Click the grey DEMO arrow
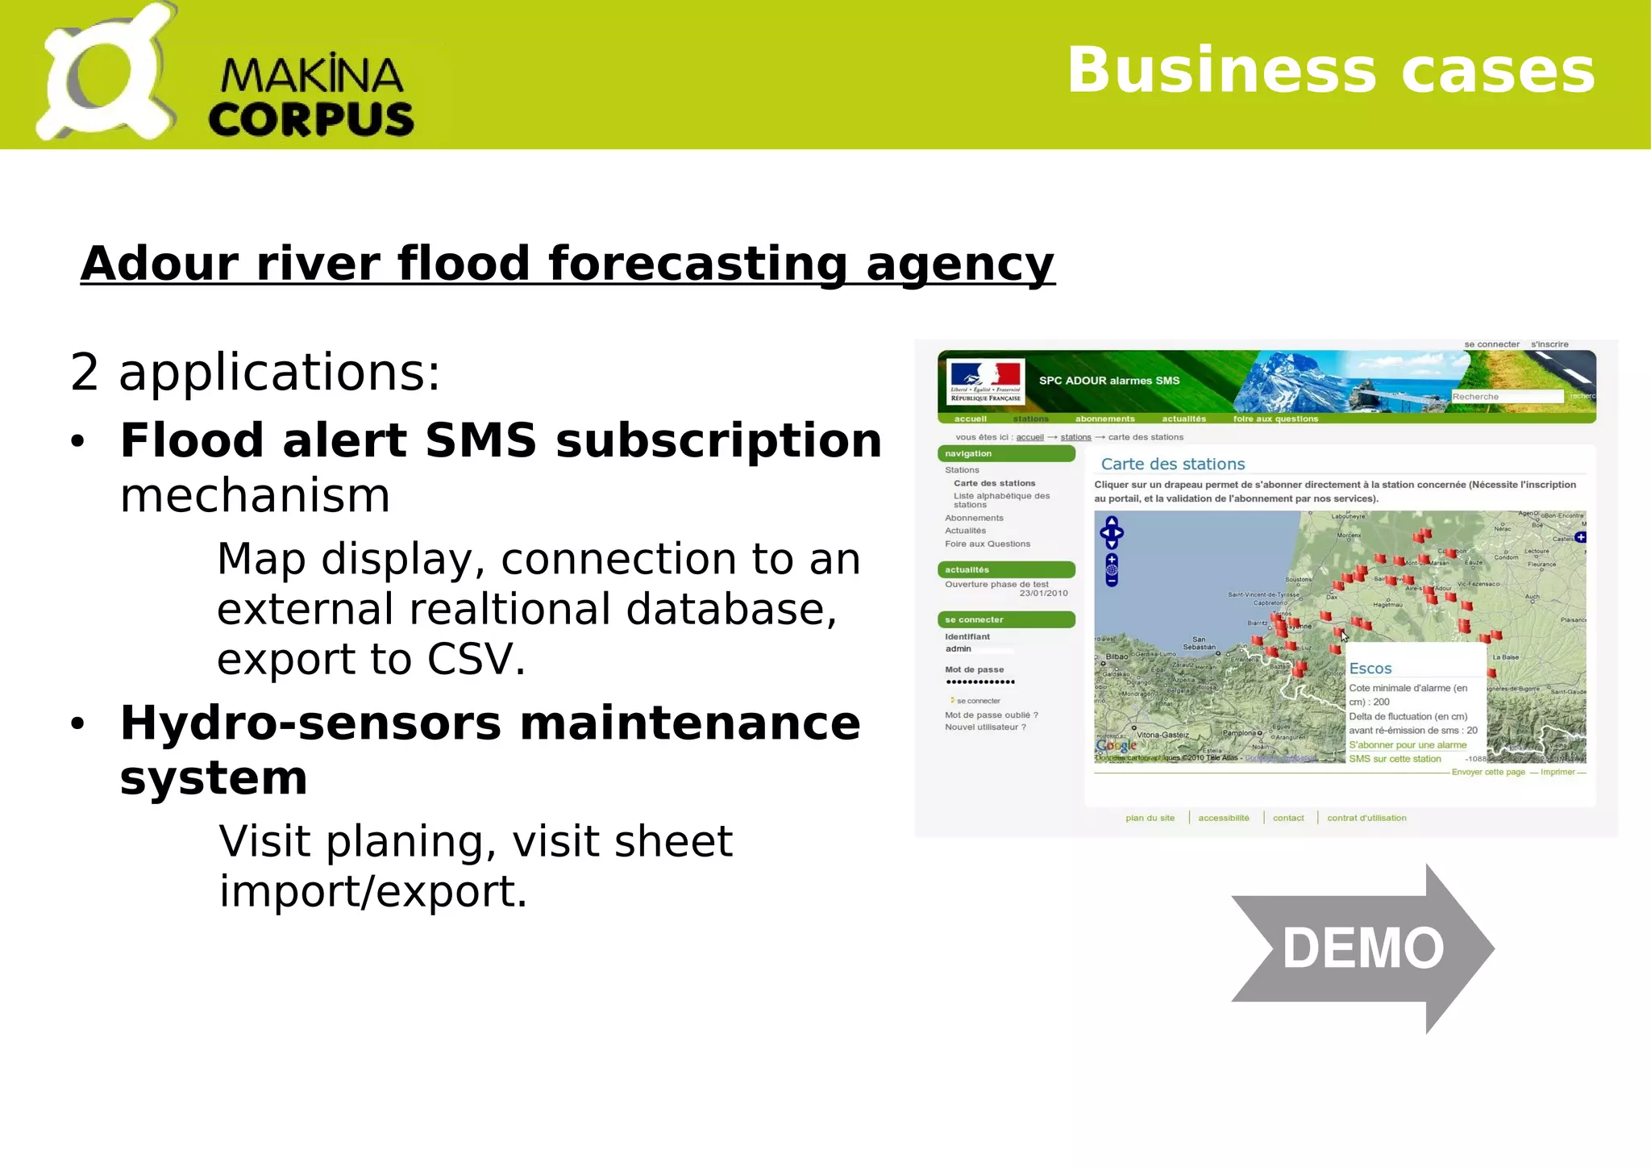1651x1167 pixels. tap(1362, 948)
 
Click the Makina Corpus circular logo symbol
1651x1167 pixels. tap(105, 75)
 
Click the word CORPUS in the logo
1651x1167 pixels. tap(311, 119)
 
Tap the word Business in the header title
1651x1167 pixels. tap(1221, 70)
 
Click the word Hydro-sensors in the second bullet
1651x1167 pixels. tap(310, 723)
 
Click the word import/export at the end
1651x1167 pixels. tap(372, 891)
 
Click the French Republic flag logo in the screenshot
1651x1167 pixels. tap(985, 381)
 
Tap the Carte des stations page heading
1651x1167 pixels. tap(1172, 464)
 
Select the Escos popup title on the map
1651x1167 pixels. tap(1370, 669)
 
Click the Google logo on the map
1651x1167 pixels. tap(1116, 746)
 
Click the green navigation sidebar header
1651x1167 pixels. tap(1005, 454)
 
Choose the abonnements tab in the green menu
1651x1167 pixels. tap(1104, 419)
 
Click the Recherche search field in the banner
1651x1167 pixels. tap(1505, 397)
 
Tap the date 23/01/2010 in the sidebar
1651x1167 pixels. tap(1043, 594)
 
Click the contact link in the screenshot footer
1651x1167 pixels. tap(1287, 818)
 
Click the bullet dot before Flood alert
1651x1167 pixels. tap(77, 442)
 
